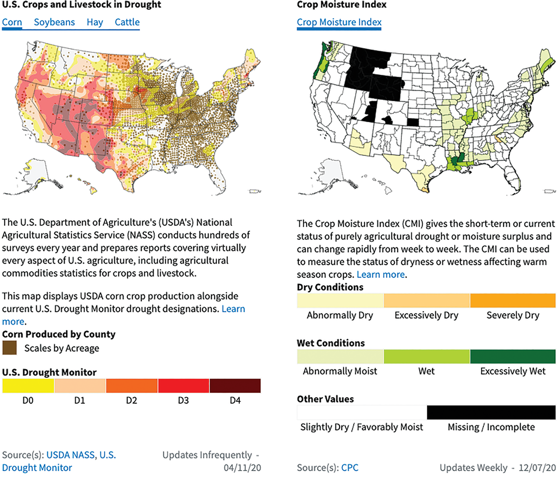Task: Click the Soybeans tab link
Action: (x=54, y=22)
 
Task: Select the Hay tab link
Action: (x=95, y=22)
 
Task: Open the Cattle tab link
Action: (x=127, y=22)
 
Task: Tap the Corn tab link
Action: (x=12, y=22)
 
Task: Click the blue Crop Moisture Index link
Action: (x=339, y=22)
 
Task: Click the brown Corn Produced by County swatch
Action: (x=9, y=348)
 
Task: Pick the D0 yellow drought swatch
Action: (x=28, y=386)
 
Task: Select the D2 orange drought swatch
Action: (x=132, y=386)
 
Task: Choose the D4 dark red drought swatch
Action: (x=235, y=386)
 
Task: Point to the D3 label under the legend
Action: (x=183, y=401)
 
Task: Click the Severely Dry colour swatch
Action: (x=512, y=300)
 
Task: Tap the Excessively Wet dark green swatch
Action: (x=512, y=356)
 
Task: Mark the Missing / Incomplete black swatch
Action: (x=491, y=412)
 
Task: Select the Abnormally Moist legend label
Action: (x=340, y=372)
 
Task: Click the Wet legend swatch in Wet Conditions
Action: (x=427, y=356)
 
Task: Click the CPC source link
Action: (x=350, y=468)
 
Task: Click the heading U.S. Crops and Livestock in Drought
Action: (x=82, y=5)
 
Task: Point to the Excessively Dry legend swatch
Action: (x=427, y=300)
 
